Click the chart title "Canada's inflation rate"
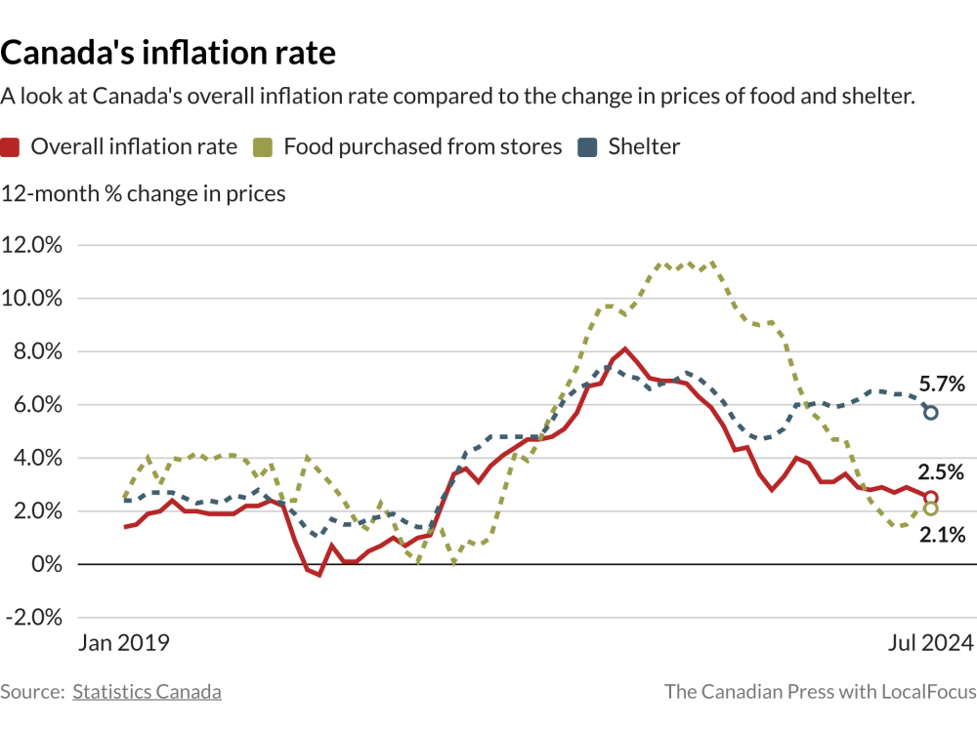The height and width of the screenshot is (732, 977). [168, 52]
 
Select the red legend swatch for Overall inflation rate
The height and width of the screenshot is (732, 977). [11, 147]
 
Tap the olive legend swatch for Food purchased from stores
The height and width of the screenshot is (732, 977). [263, 147]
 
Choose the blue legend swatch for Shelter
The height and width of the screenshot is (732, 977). [587, 147]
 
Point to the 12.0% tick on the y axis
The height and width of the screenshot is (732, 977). [32, 245]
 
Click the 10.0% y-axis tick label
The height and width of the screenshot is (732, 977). [32, 299]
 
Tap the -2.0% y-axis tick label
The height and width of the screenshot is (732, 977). [32, 618]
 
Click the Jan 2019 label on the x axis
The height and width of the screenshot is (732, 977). [123, 643]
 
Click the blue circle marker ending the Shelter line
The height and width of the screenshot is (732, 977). [930, 413]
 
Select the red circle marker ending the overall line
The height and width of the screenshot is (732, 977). [930, 498]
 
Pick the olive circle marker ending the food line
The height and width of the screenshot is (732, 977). [930, 508]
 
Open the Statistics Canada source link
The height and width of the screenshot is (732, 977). [147, 692]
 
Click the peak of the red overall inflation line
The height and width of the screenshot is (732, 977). [625, 348]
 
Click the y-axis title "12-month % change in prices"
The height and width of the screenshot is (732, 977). [144, 193]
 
